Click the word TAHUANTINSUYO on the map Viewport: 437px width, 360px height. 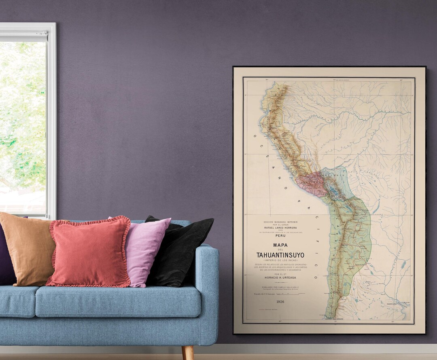(280, 255)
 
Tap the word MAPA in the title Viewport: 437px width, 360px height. (280, 245)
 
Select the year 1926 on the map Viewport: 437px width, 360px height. (280, 302)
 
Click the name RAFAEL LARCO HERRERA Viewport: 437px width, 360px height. (280, 227)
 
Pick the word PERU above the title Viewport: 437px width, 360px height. (280, 235)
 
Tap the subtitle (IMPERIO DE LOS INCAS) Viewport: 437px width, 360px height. (280, 260)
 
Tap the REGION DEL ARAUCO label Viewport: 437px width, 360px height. (334, 319)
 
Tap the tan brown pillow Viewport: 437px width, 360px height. (28, 249)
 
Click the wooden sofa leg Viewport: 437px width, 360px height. (187, 352)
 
